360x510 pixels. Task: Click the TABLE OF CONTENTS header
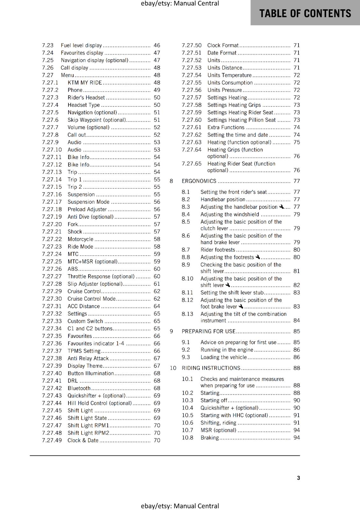click(305, 13)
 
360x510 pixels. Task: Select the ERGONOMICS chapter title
click(199, 181)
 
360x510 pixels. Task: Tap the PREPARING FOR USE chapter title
click(208, 331)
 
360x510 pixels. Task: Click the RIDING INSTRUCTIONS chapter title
click(211, 368)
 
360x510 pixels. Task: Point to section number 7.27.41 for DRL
click(52, 381)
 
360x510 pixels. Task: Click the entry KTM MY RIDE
click(85, 83)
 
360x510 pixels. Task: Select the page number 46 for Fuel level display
click(157, 46)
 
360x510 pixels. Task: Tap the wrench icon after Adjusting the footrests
click(258, 257)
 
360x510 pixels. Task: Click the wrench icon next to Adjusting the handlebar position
click(281, 207)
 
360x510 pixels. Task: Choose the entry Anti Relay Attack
click(88, 359)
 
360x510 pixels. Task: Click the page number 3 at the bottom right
click(298, 478)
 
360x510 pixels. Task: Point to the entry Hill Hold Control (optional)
click(99, 403)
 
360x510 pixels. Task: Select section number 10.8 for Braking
click(187, 438)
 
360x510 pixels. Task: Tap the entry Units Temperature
click(229, 75)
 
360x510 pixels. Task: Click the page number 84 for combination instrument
click(297, 321)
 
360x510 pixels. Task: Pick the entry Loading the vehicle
click(224, 357)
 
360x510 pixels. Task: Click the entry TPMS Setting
click(84, 351)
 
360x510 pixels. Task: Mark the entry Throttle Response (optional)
click(101, 277)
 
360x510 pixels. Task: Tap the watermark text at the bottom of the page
click(180, 506)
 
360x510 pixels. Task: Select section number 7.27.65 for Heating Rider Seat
click(191, 164)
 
